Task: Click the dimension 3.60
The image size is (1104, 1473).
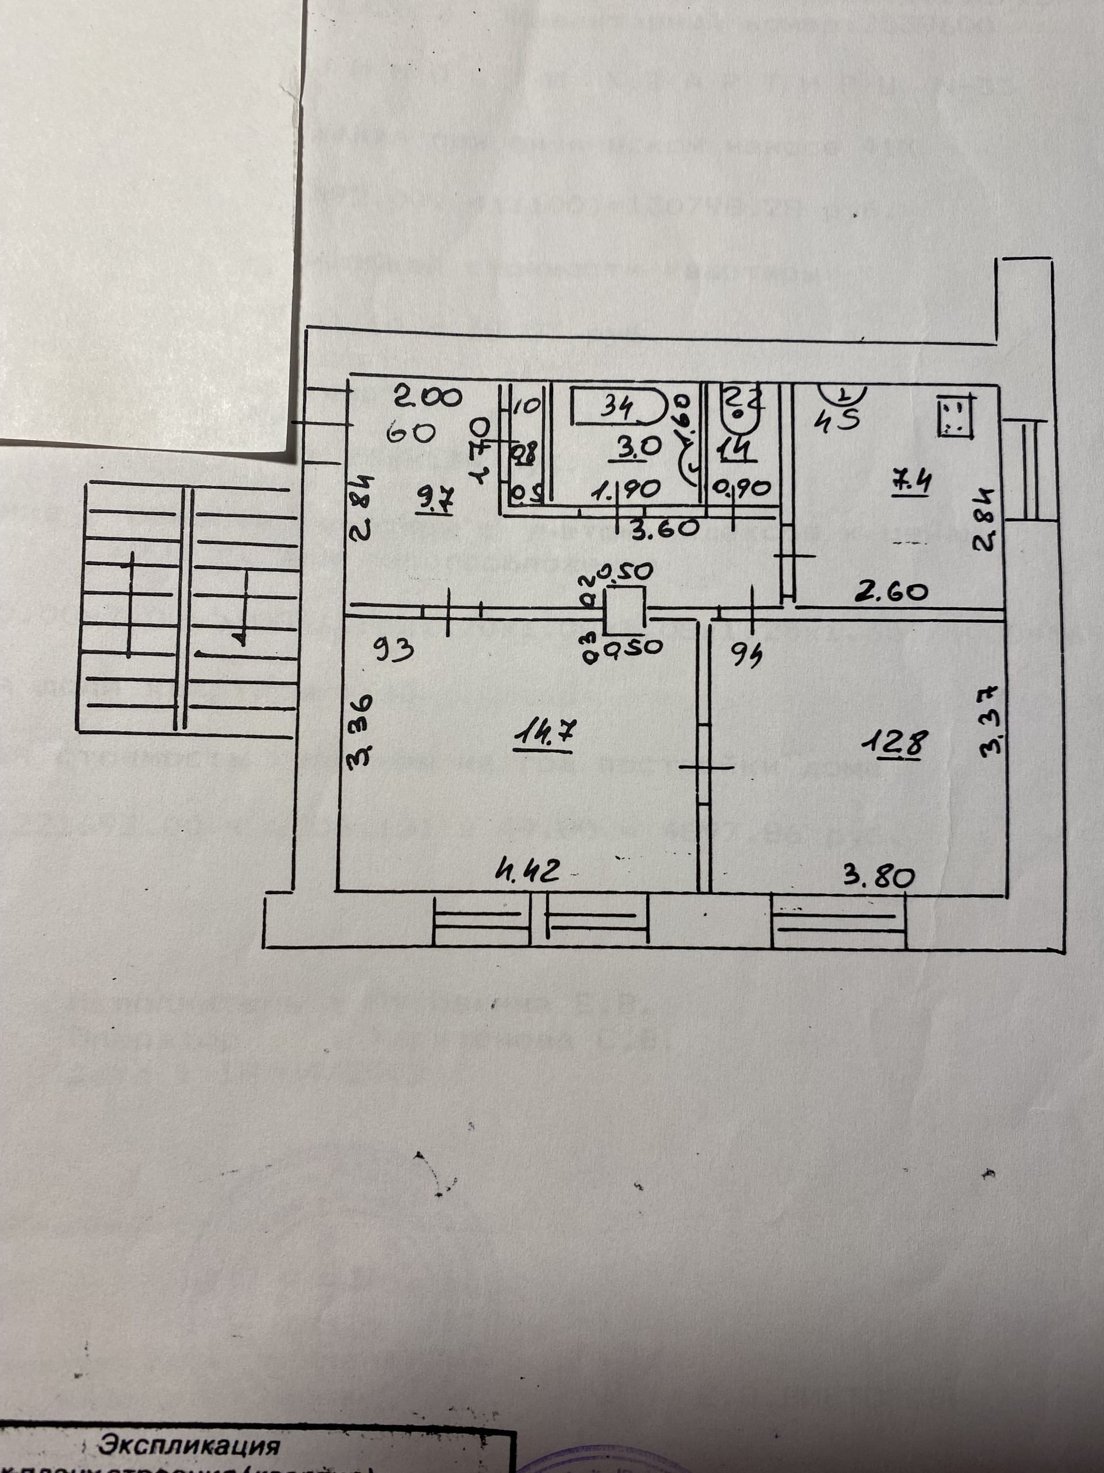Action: tap(663, 528)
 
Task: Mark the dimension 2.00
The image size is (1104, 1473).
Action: tap(427, 398)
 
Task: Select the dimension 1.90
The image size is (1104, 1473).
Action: tap(626, 490)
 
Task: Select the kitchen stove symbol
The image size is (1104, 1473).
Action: tap(956, 415)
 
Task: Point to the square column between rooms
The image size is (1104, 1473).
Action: tap(624, 609)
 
